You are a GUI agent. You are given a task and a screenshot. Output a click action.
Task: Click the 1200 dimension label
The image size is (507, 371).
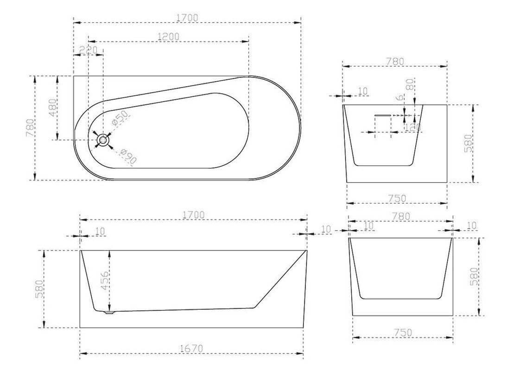point(168,36)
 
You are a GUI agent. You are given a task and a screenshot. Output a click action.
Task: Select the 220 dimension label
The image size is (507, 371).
point(88,50)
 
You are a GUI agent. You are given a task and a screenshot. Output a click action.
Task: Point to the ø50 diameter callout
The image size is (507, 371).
point(119,118)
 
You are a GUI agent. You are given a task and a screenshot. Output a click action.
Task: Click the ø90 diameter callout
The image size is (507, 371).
point(128,156)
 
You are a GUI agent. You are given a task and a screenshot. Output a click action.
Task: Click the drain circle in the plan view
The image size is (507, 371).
point(103,140)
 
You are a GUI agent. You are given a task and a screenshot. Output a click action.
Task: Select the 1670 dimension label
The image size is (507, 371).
point(191,348)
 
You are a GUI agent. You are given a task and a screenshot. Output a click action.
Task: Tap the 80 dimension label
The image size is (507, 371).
point(410,85)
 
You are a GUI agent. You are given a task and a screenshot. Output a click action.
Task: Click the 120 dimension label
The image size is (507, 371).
point(413,127)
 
